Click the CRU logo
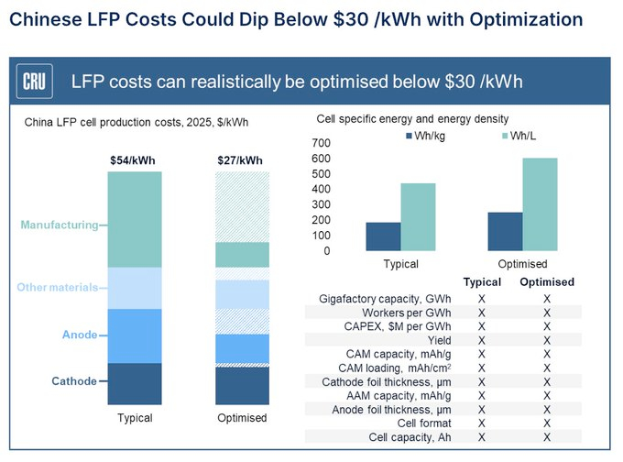click(36, 82)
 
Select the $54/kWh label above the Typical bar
click(134, 160)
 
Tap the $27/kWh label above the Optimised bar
click(242, 160)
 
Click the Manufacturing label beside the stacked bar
click(60, 225)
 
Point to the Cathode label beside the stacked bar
click(73, 381)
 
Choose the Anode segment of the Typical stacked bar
click(134, 335)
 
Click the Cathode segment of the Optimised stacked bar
click(242, 386)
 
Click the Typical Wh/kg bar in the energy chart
click(383, 236)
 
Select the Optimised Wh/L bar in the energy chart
click(540, 203)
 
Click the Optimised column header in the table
click(547, 282)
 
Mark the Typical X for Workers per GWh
click(482, 313)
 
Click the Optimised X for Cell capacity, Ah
click(547, 436)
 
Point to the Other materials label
click(57, 288)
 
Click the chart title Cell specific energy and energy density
click(412, 119)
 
